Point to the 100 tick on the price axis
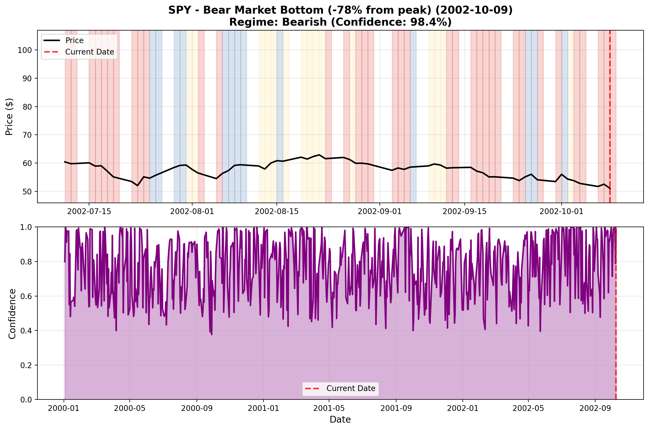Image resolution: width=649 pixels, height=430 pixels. tap(25, 50)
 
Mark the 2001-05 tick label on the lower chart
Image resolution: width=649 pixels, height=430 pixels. tap(329, 408)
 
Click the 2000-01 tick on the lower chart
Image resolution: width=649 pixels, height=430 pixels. tap(63, 408)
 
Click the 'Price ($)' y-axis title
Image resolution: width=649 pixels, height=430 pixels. tap(9, 116)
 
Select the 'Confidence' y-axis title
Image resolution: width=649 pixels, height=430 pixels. tap(12, 314)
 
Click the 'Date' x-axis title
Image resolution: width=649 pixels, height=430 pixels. tap(340, 420)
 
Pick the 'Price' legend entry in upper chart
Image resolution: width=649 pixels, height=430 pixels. tap(74, 40)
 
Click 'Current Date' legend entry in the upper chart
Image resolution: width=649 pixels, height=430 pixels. tap(90, 52)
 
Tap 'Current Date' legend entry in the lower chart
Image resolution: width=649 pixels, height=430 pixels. tap(351, 389)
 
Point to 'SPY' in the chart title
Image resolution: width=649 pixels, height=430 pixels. tap(179, 10)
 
